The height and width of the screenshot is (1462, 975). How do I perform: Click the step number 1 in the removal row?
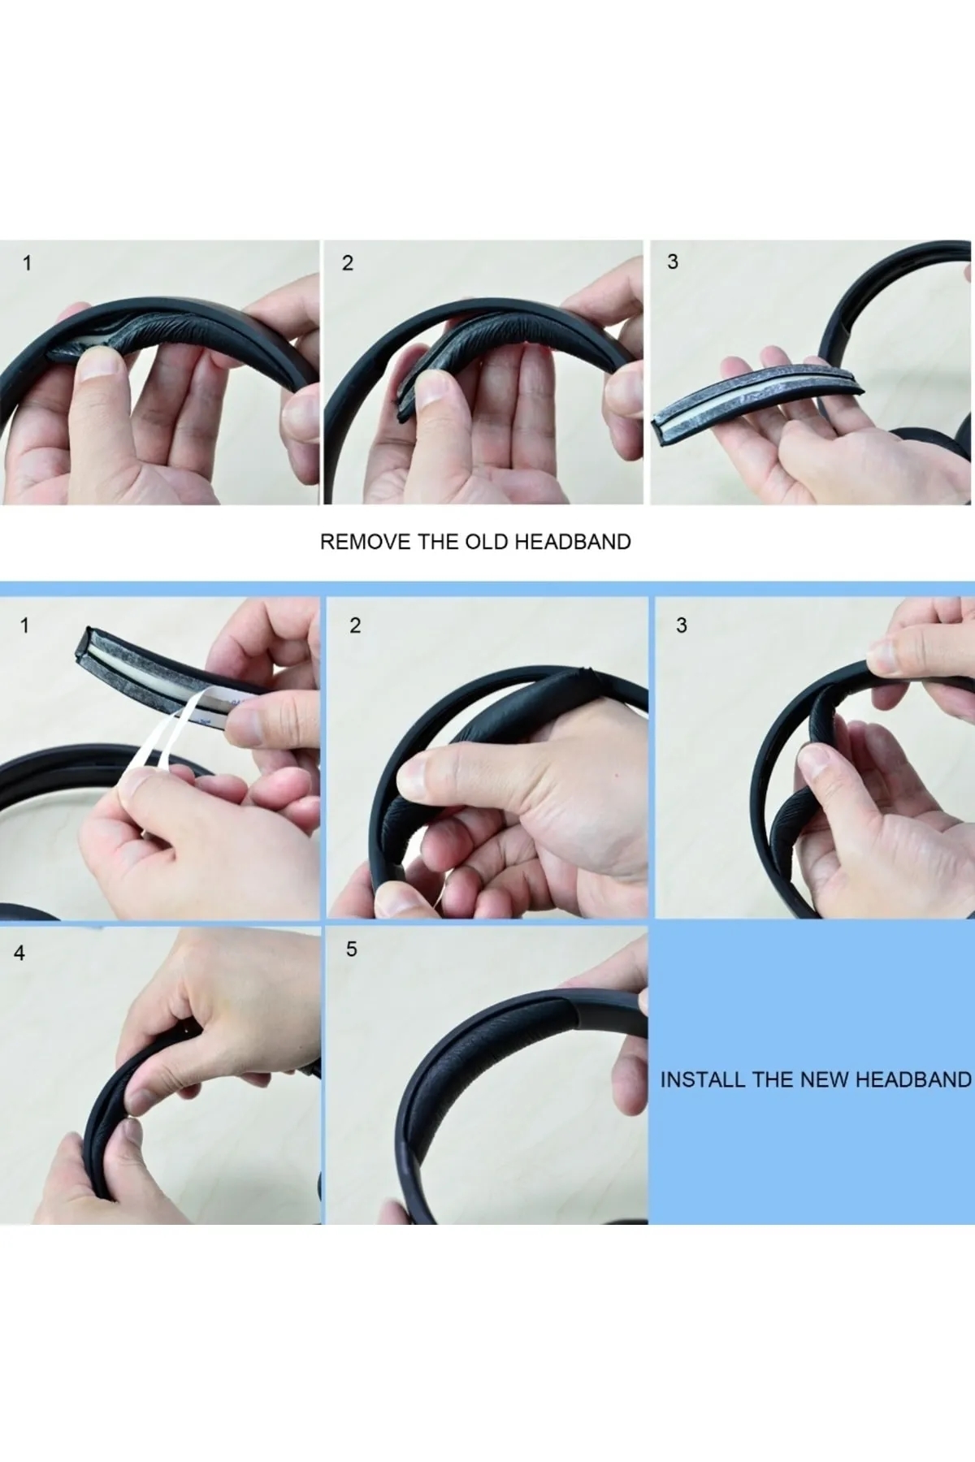pos(27,263)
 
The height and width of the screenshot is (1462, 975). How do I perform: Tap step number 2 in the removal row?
pos(348,263)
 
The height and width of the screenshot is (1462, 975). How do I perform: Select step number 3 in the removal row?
pos(672,262)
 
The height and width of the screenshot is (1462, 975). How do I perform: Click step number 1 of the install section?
pos(24,625)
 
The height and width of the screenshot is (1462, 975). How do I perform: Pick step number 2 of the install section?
pos(354,625)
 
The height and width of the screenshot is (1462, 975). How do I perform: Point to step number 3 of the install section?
pos(681,625)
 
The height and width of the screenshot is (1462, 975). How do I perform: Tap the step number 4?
pos(19,953)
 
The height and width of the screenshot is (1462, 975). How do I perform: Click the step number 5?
pos(351,949)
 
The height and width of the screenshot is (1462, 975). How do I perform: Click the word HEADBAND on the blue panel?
pos(914,1079)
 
